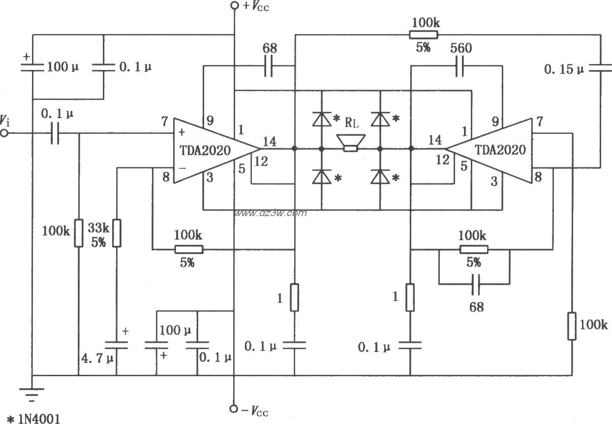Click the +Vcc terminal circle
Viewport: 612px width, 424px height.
pos(235,6)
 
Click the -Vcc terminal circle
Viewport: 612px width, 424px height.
pos(235,408)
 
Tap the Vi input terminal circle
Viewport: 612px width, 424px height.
pos(4,133)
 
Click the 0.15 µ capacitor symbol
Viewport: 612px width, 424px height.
pos(600,69)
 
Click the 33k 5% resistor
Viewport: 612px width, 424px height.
pos(117,233)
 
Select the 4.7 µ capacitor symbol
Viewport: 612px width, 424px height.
pos(117,345)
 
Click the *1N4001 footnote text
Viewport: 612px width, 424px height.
pos(32,418)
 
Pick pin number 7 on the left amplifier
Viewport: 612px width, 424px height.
pos(164,121)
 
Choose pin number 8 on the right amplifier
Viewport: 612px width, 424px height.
pos(538,177)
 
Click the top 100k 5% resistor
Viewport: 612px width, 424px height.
pos(423,34)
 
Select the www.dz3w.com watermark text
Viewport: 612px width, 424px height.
pos(270,213)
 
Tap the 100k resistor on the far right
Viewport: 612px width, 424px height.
pos(572,325)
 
